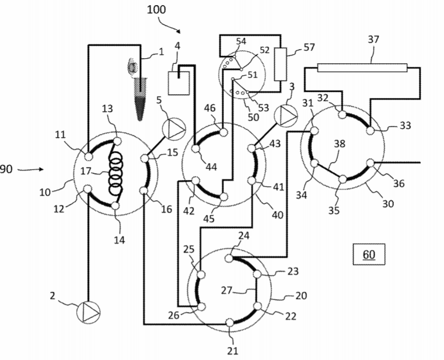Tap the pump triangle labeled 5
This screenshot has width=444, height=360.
(171, 128)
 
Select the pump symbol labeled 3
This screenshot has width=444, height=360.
(286, 115)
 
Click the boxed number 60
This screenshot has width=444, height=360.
(368, 254)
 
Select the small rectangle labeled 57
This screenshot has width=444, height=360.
(281, 63)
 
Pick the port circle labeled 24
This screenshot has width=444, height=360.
(230, 258)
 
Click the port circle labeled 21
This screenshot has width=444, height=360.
(230, 322)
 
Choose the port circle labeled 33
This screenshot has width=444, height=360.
(370, 131)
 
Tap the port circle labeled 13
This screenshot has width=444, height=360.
(117, 141)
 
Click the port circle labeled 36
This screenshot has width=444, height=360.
(371, 163)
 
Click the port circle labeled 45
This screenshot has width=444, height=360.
(223, 197)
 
